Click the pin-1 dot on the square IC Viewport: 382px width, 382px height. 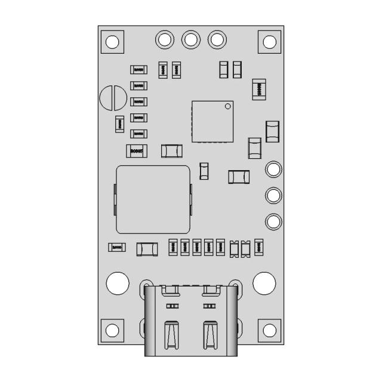coord(227,107)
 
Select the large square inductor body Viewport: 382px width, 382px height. coord(153,199)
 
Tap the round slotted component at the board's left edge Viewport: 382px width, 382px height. coord(113,98)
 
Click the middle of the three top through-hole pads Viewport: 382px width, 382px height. coord(190,39)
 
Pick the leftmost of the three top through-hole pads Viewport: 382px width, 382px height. coord(164,39)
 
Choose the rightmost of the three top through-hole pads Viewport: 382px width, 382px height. coord(217,39)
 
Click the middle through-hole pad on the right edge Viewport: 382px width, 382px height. coord(273,195)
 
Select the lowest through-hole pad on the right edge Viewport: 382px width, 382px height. coord(273,221)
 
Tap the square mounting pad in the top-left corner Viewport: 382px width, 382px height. coord(112,42)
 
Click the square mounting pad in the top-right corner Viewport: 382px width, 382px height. coord(269,42)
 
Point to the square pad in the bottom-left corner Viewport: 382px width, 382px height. coord(112,330)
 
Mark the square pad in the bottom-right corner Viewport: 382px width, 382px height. coord(269,330)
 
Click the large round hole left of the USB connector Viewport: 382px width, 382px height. coord(118,283)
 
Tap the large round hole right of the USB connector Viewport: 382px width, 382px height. coord(264,283)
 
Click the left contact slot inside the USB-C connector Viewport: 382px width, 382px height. coord(171,335)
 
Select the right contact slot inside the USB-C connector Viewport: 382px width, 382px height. coord(209,335)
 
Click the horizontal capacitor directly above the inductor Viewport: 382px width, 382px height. coord(172,150)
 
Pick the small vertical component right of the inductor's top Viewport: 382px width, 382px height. coord(204,171)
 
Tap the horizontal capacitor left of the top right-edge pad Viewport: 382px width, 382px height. coord(239,177)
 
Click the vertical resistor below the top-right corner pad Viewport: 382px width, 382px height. coord(259,90)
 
